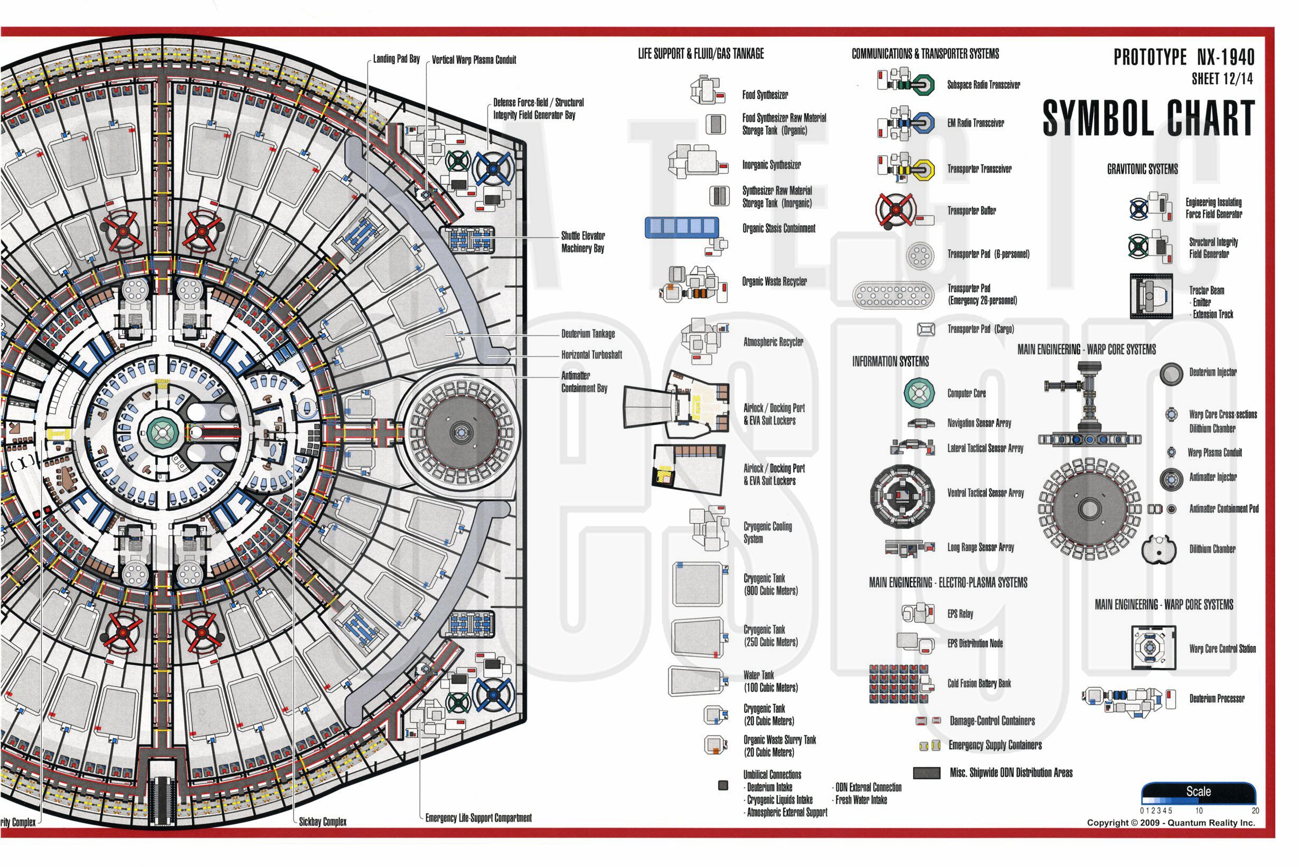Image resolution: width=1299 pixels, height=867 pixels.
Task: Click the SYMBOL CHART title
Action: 1148,118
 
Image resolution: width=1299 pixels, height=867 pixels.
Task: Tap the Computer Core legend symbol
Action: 919,393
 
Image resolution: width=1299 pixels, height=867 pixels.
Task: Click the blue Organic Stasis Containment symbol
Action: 682,227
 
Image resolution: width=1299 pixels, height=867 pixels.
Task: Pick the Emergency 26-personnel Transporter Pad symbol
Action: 893,295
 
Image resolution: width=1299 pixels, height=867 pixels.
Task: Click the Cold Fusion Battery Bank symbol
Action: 899,683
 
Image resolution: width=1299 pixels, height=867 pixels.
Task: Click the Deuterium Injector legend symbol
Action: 1171,374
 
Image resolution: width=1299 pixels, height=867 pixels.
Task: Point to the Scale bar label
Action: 1198,791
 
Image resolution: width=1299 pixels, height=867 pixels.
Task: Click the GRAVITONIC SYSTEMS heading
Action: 1143,169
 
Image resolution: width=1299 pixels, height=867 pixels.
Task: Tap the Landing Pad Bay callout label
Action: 396,59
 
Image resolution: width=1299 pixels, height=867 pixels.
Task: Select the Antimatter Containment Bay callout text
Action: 584,382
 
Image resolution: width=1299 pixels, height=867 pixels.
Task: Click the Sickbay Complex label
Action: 323,822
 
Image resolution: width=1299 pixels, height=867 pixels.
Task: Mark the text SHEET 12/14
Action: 1222,79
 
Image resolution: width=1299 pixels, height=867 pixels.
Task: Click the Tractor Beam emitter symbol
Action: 1151,296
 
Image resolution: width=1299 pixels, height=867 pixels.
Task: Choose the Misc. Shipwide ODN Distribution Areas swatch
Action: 926,773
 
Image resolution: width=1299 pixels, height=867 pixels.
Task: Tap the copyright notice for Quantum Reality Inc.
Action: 1171,823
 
